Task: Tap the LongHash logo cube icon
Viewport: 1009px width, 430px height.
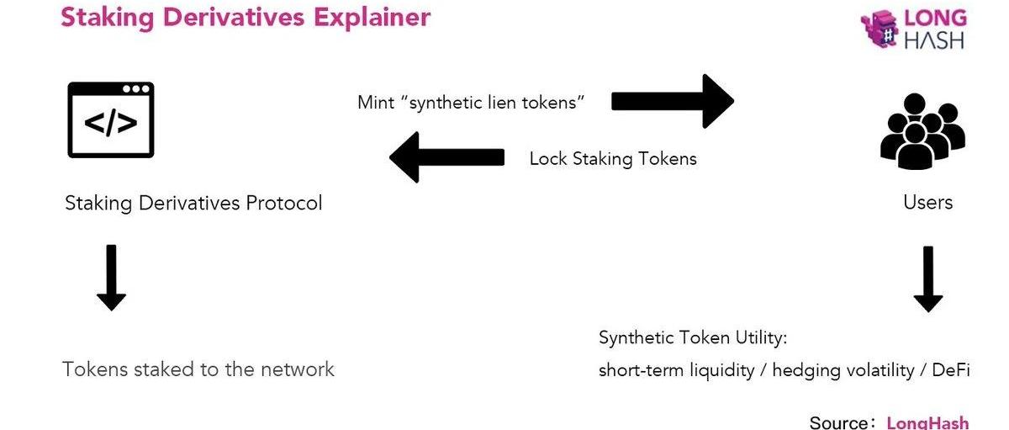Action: (x=879, y=29)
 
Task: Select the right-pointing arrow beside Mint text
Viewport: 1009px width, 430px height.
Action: (x=672, y=101)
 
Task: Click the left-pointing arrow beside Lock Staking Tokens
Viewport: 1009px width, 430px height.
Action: (x=446, y=157)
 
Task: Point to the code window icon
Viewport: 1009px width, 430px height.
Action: (x=111, y=119)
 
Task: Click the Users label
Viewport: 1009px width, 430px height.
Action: (x=927, y=202)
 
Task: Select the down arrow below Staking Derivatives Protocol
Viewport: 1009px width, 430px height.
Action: (x=111, y=278)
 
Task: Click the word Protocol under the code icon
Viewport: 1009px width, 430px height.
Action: (x=284, y=203)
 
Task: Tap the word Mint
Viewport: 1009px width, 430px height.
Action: (x=375, y=103)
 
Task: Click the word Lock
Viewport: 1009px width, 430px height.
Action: (x=548, y=159)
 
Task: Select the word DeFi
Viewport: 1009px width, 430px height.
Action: (x=951, y=370)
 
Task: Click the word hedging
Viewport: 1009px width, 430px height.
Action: (x=806, y=370)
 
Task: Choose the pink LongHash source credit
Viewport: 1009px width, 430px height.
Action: (x=927, y=422)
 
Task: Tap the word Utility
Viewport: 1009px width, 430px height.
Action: (x=757, y=338)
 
